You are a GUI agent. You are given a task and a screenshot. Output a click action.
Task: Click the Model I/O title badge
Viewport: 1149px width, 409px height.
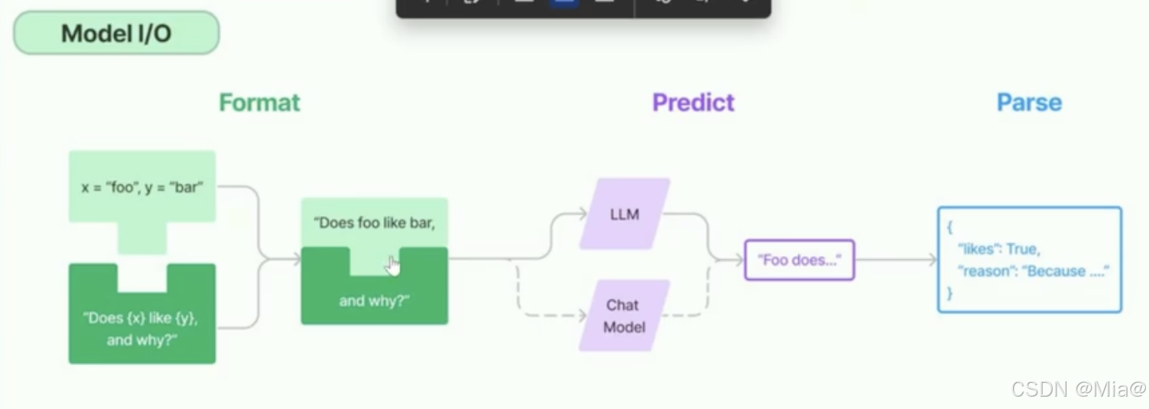[x=116, y=33]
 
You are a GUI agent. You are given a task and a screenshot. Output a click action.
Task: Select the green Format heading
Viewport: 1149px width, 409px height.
[x=259, y=103]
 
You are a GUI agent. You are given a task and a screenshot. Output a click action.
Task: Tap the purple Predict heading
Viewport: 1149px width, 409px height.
[x=693, y=103]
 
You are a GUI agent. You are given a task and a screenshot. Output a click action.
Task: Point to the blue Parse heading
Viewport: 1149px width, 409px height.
[x=1029, y=103]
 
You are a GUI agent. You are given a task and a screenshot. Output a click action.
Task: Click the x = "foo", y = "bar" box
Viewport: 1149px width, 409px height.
[x=142, y=188]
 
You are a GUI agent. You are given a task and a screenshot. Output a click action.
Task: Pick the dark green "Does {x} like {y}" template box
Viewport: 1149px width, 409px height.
[x=142, y=328]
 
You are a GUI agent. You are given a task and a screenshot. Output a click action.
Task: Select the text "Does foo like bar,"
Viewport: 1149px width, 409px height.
[x=374, y=223]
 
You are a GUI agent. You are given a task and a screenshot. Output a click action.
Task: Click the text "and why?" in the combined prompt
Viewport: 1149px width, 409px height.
[x=374, y=301]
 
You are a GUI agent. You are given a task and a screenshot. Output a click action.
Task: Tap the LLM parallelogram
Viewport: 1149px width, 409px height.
[x=624, y=215]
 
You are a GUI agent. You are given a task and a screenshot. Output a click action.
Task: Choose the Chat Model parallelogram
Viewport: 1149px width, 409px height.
[x=624, y=316]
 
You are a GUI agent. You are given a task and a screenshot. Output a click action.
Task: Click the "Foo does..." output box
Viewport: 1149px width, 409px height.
[x=799, y=260]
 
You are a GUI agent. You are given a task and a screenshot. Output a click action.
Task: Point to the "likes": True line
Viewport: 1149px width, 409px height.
[x=999, y=248]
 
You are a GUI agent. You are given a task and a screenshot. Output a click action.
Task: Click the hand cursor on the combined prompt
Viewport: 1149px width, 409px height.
[x=393, y=265]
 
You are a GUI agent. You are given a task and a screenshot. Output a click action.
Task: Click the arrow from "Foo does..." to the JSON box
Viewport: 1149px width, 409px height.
[x=895, y=260]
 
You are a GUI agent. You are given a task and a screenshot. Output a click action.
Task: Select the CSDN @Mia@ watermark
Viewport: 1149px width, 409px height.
[x=1077, y=390]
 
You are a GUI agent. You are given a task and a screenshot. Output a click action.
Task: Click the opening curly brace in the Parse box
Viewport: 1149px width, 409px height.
[x=950, y=228]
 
